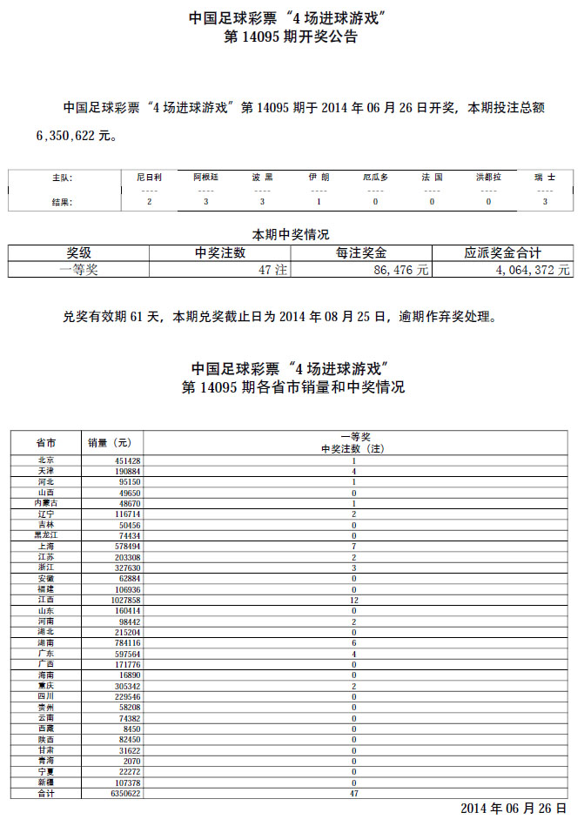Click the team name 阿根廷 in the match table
[x=205, y=177]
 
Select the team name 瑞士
[x=544, y=177]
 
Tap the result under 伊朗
[x=319, y=202]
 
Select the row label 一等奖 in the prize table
[x=78, y=271]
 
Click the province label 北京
[x=46, y=460]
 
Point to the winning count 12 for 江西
[x=354, y=600]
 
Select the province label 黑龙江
[x=46, y=535]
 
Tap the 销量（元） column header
[x=111, y=442]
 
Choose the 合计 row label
[x=46, y=793]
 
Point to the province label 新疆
[x=46, y=782]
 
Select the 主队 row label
[x=62, y=177]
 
